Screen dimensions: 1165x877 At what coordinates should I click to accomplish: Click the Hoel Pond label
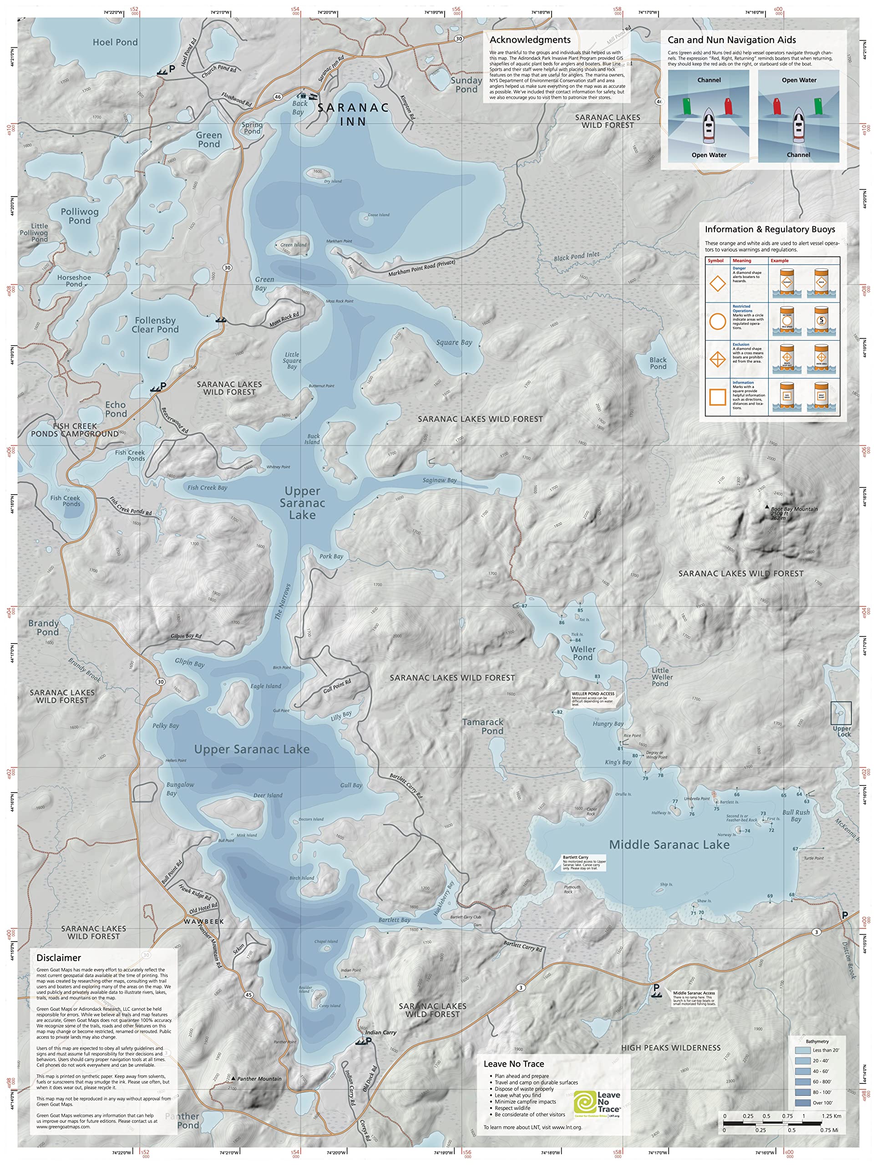click(115, 42)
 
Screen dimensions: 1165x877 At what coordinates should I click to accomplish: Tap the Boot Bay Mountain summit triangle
click(766, 507)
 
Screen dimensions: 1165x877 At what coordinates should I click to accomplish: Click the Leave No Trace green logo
click(585, 1102)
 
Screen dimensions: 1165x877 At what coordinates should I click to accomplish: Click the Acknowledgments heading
click(530, 40)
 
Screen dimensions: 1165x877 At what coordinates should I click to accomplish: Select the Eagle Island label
click(265, 686)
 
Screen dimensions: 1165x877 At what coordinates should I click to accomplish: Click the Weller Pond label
click(583, 653)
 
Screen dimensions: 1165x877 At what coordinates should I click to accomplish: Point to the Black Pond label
click(658, 364)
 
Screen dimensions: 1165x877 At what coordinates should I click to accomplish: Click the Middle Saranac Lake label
click(669, 845)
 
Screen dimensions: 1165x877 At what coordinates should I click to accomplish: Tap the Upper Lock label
click(842, 732)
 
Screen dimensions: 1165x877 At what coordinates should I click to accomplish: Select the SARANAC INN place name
click(353, 114)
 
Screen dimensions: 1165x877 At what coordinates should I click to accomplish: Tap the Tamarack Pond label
click(482, 726)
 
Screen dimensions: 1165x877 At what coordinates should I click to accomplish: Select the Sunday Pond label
click(466, 85)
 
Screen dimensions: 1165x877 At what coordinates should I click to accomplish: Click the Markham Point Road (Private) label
click(421, 268)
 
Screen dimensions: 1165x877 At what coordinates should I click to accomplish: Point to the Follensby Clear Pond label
click(155, 324)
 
